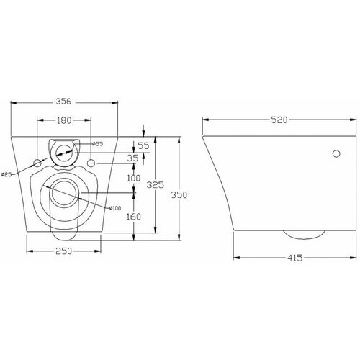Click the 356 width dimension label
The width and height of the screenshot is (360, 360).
[x=63, y=102]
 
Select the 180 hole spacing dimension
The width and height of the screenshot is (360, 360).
[x=64, y=120]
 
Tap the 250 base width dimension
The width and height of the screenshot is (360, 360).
[x=63, y=251]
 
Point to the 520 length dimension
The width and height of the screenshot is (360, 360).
[x=279, y=120]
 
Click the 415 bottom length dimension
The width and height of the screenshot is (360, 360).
[x=295, y=258]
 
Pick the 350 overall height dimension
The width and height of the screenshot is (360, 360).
[x=179, y=195]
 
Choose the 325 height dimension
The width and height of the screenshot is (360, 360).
[x=156, y=185]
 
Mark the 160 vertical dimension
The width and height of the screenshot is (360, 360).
[x=133, y=217]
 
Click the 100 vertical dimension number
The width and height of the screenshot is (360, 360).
[x=133, y=178]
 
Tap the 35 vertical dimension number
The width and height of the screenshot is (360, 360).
[x=132, y=158]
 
